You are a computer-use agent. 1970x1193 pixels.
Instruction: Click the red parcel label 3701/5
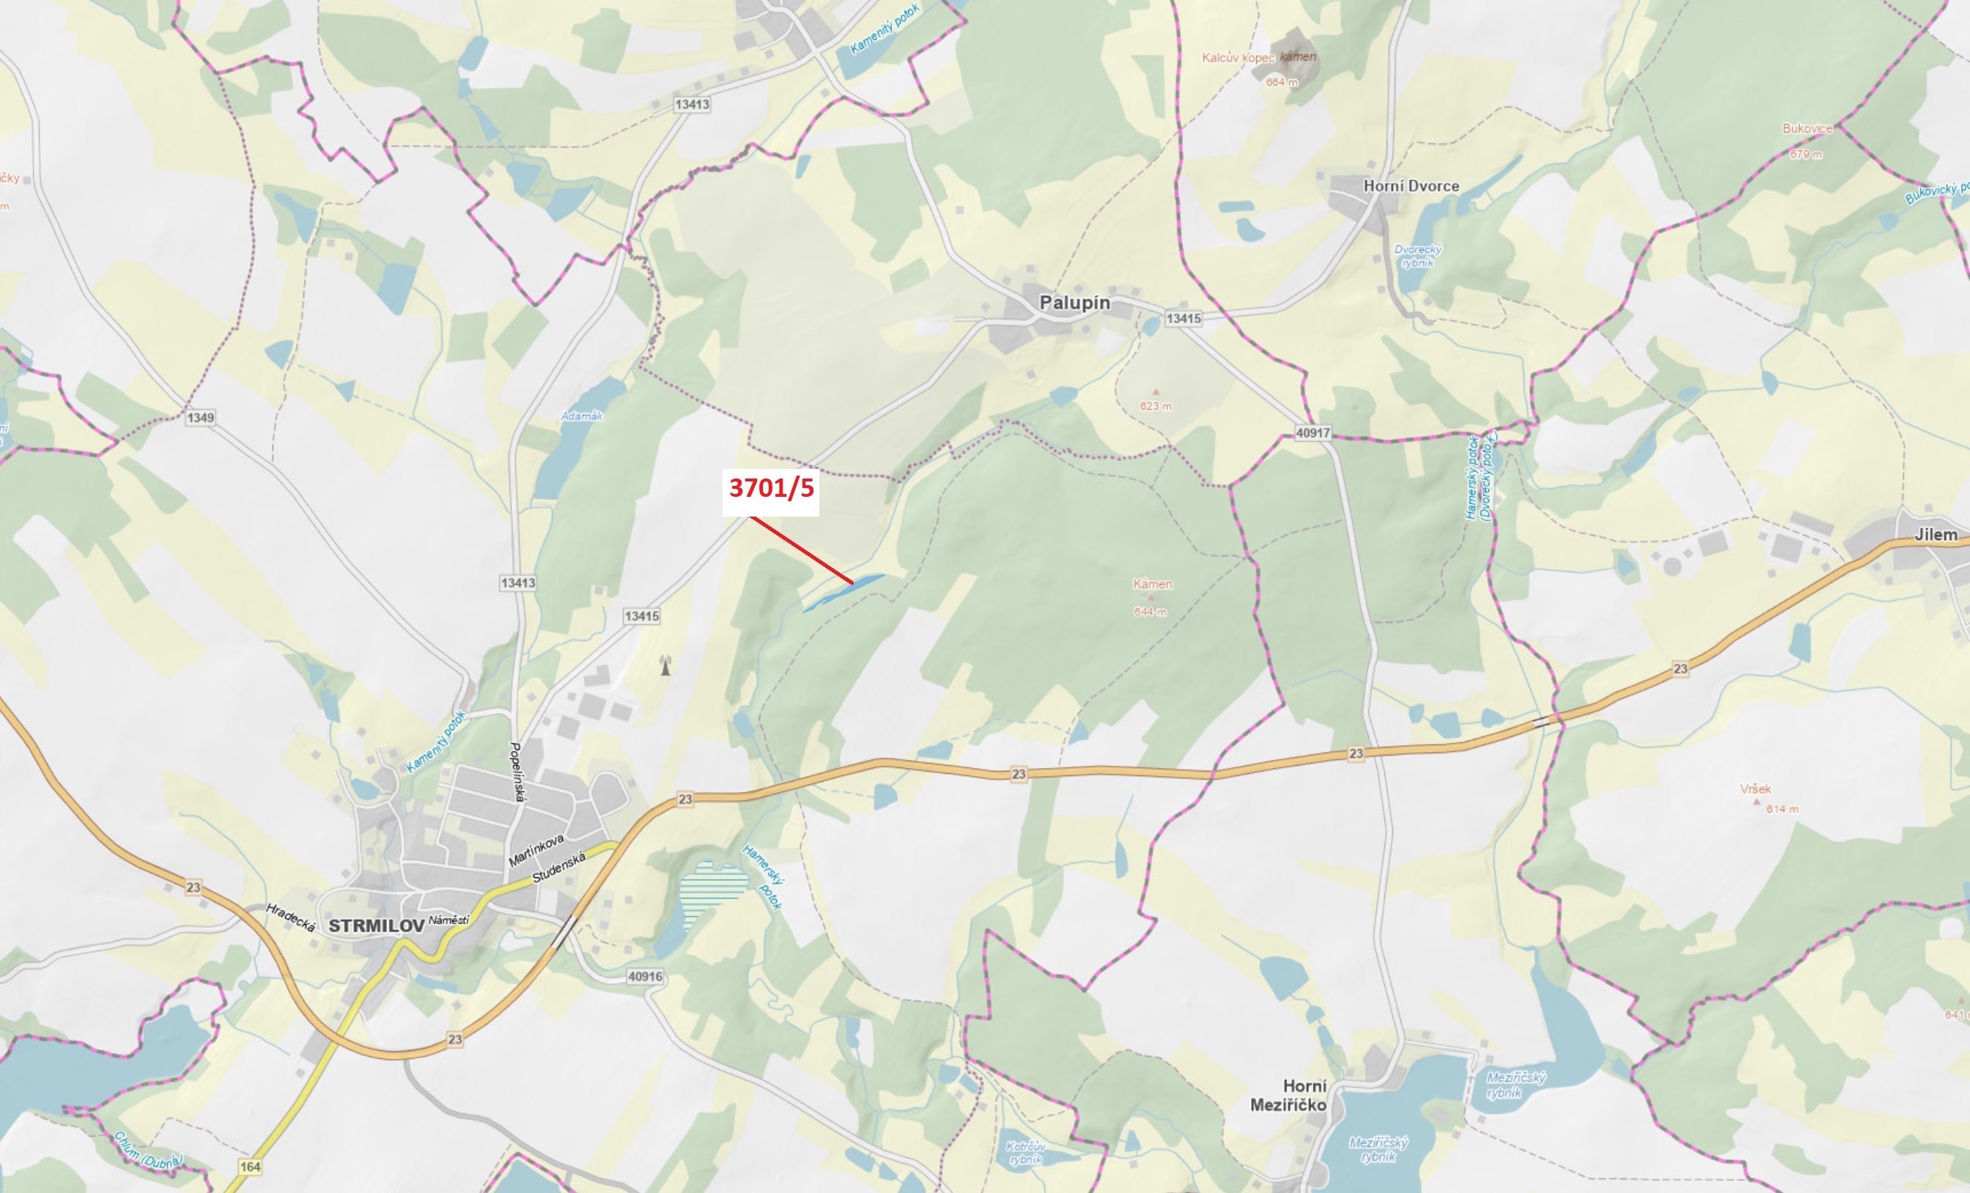pyautogui.click(x=771, y=487)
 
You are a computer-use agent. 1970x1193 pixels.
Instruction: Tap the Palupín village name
pyautogui.click(x=1074, y=303)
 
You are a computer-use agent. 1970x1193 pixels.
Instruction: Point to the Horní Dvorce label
pyautogui.click(x=1410, y=185)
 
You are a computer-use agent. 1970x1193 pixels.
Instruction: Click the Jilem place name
pyautogui.click(x=1936, y=534)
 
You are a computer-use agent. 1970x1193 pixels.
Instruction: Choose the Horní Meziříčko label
pyautogui.click(x=1288, y=1095)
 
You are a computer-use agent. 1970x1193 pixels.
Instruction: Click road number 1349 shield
pyautogui.click(x=200, y=418)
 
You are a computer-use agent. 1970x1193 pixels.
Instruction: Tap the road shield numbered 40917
pyautogui.click(x=1313, y=432)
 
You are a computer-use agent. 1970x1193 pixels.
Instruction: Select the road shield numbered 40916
pyautogui.click(x=644, y=976)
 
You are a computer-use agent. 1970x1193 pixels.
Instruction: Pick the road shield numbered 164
pyautogui.click(x=250, y=1167)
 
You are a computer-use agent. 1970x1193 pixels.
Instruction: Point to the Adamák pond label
pyautogui.click(x=581, y=415)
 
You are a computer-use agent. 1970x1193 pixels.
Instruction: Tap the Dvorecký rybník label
pyautogui.click(x=1417, y=256)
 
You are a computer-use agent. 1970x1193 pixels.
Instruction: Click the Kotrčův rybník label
pyautogui.click(x=1026, y=1152)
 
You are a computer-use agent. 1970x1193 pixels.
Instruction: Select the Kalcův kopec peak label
pyautogui.click(x=1238, y=58)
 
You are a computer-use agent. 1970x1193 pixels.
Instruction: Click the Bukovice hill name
pyautogui.click(x=1807, y=128)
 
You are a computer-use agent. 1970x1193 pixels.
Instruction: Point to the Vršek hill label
pyautogui.click(x=1756, y=788)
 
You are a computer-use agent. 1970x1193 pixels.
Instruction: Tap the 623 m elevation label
pyautogui.click(x=1155, y=406)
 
